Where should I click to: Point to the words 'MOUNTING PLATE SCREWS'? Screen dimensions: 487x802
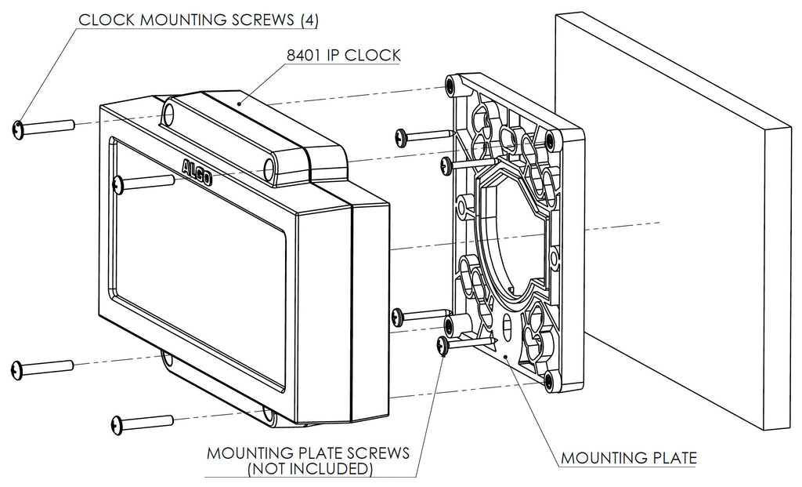coord(308,453)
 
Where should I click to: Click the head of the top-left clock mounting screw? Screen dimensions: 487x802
coord(20,129)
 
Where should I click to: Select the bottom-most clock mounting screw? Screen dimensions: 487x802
coord(120,424)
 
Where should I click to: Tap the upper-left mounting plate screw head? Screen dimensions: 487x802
coord(401,136)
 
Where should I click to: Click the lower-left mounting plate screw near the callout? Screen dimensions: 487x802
coord(443,345)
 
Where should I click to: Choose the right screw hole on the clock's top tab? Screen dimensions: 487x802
coord(268,168)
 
